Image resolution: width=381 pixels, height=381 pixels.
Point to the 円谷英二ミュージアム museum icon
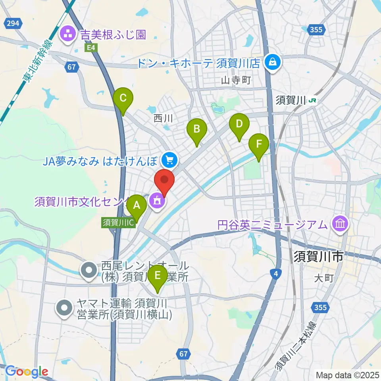(x=341, y=224)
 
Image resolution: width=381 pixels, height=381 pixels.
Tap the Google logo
(x=27, y=371)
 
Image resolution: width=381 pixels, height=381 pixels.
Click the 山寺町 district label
(x=236, y=81)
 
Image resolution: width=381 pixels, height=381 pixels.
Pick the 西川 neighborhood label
(x=163, y=118)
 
